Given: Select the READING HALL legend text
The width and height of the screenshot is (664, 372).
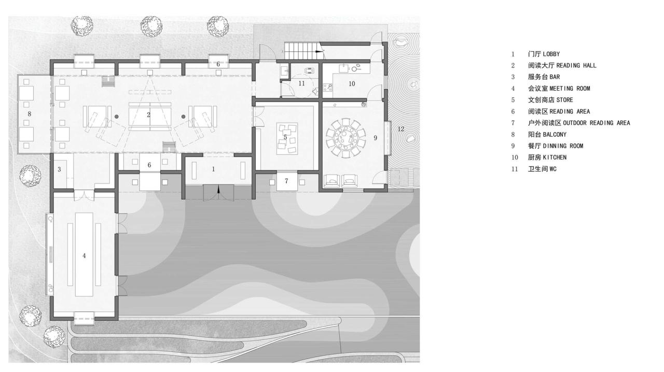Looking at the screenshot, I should tap(562, 65).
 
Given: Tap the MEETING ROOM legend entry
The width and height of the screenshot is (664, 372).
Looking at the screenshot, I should tap(559, 88).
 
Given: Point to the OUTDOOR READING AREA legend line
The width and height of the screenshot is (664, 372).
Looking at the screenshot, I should tap(578, 123).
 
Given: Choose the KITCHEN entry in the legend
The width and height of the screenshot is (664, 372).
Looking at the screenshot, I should tap(547, 157).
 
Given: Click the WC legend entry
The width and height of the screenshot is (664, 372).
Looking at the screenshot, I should tap(542, 169).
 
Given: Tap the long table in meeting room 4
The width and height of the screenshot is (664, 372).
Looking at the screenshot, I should tap(84, 254).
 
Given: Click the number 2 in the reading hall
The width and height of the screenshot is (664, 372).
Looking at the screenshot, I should tap(148, 115).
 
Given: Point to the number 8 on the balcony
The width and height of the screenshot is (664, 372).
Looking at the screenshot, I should tap(30, 113).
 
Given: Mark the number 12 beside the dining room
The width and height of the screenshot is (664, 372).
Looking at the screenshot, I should tap(400, 128).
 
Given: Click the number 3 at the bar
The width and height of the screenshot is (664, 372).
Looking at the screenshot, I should tap(59, 169).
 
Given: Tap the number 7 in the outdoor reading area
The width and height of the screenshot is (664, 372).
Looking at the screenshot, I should tap(286, 180).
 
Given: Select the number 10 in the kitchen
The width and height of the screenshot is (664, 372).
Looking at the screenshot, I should tap(352, 83).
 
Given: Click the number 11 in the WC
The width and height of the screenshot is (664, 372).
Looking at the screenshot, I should tap(301, 83).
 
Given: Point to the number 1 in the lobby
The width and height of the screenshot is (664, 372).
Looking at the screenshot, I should tap(213, 169).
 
